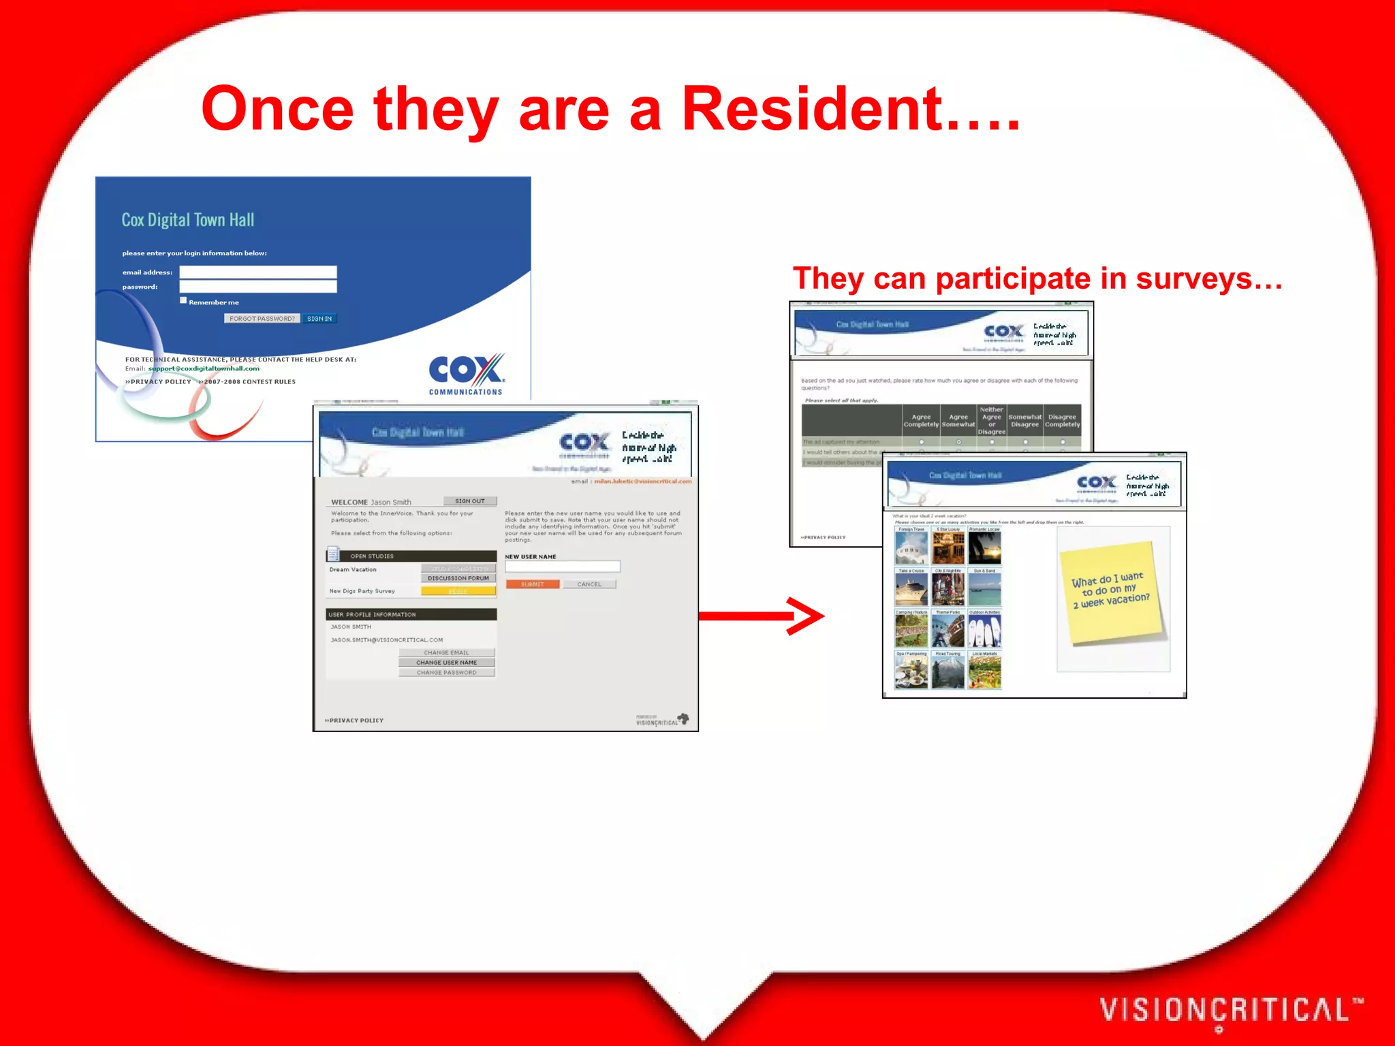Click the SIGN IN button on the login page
click(x=319, y=319)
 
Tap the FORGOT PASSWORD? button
click(x=262, y=319)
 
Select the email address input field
click(x=257, y=272)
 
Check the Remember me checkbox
click(x=183, y=300)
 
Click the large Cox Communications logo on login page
click(x=467, y=374)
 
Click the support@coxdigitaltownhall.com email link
click(x=204, y=368)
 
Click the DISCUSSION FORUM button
click(x=458, y=578)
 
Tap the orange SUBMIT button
click(x=532, y=584)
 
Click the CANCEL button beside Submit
click(x=589, y=584)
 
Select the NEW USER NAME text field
click(x=562, y=567)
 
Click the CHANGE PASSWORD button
click(x=446, y=672)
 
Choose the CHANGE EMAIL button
click(x=446, y=652)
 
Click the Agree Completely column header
click(x=921, y=421)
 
